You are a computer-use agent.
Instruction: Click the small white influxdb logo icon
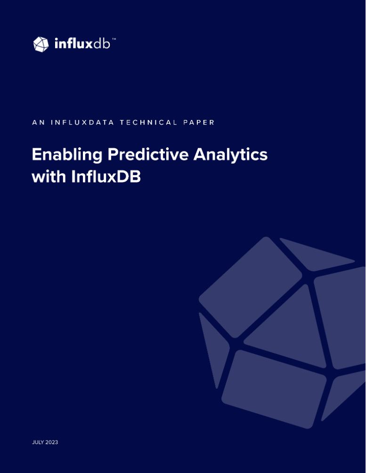click(41, 44)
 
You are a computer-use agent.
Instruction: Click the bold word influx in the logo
click(73, 44)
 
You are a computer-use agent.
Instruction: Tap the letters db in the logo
click(101, 44)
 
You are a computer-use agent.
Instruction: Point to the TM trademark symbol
click(114, 39)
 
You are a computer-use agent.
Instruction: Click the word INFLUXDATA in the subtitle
click(82, 122)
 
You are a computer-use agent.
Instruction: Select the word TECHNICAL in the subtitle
click(148, 122)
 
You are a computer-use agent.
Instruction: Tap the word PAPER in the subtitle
click(199, 122)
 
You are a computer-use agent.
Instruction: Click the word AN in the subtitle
click(38, 122)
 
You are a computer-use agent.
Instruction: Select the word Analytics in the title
click(230, 155)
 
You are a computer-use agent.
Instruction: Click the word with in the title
click(49, 176)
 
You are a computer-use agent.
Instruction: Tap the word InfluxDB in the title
click(106, 176)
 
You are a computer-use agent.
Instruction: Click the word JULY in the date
click(38, 442)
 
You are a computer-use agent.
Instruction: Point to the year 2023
click(52, 442)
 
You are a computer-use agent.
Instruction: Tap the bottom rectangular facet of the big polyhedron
click(274, 389)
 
